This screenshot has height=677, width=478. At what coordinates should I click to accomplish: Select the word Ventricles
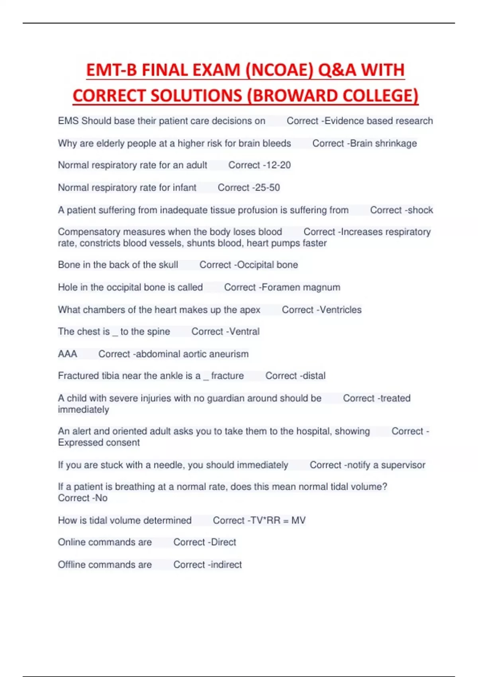341,310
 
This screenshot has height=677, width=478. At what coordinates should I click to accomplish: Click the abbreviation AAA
67,354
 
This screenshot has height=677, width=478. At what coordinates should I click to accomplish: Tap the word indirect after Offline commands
226,565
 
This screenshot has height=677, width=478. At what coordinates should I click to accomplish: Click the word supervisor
403,465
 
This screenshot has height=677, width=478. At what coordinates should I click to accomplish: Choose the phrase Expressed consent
99,443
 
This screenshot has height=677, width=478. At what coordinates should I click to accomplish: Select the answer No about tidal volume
101,498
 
